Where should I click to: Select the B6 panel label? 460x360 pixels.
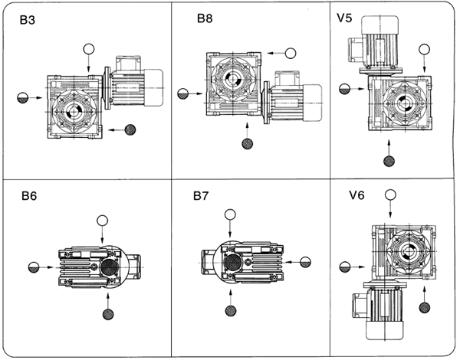[30, 195]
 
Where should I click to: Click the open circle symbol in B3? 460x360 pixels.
[90, 50]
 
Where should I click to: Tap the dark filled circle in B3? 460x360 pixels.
[130, 130]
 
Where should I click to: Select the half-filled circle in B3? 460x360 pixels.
[24, 97]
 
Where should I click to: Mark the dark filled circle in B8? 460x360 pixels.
[247, 143]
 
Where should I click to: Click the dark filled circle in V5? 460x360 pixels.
[389, 161]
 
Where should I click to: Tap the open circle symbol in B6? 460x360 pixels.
[101, 221]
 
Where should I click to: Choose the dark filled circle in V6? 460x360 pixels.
[425, 307]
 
